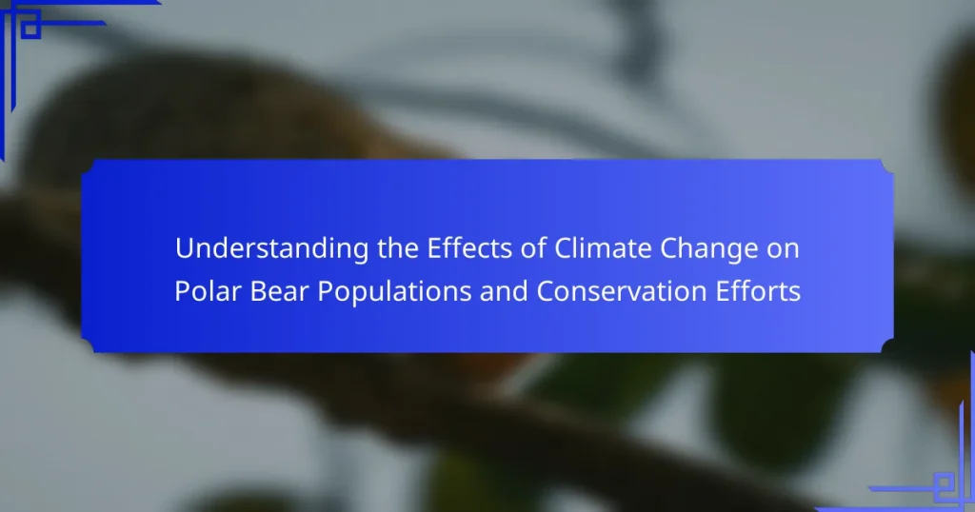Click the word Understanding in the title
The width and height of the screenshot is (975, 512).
pos(271,249)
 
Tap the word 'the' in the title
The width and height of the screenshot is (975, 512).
pos(398,248)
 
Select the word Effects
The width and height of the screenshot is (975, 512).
pos(469,248)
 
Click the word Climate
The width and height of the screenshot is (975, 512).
pos(603,248)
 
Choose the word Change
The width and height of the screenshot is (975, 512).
pos(708,249)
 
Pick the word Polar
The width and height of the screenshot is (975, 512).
pos(208,291)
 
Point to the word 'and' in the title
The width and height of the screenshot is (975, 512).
pos(504,291)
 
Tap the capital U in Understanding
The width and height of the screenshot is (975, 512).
pos(184,248)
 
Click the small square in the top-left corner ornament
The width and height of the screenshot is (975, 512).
pos(30,29)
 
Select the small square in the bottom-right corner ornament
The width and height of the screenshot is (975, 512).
pos(944,482)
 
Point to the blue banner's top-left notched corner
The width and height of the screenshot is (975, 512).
pos(88,167)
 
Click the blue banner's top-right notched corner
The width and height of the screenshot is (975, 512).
pos(887,167)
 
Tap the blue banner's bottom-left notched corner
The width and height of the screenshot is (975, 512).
pos(88,345)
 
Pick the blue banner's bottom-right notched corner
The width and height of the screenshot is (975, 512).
pos(887,345)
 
